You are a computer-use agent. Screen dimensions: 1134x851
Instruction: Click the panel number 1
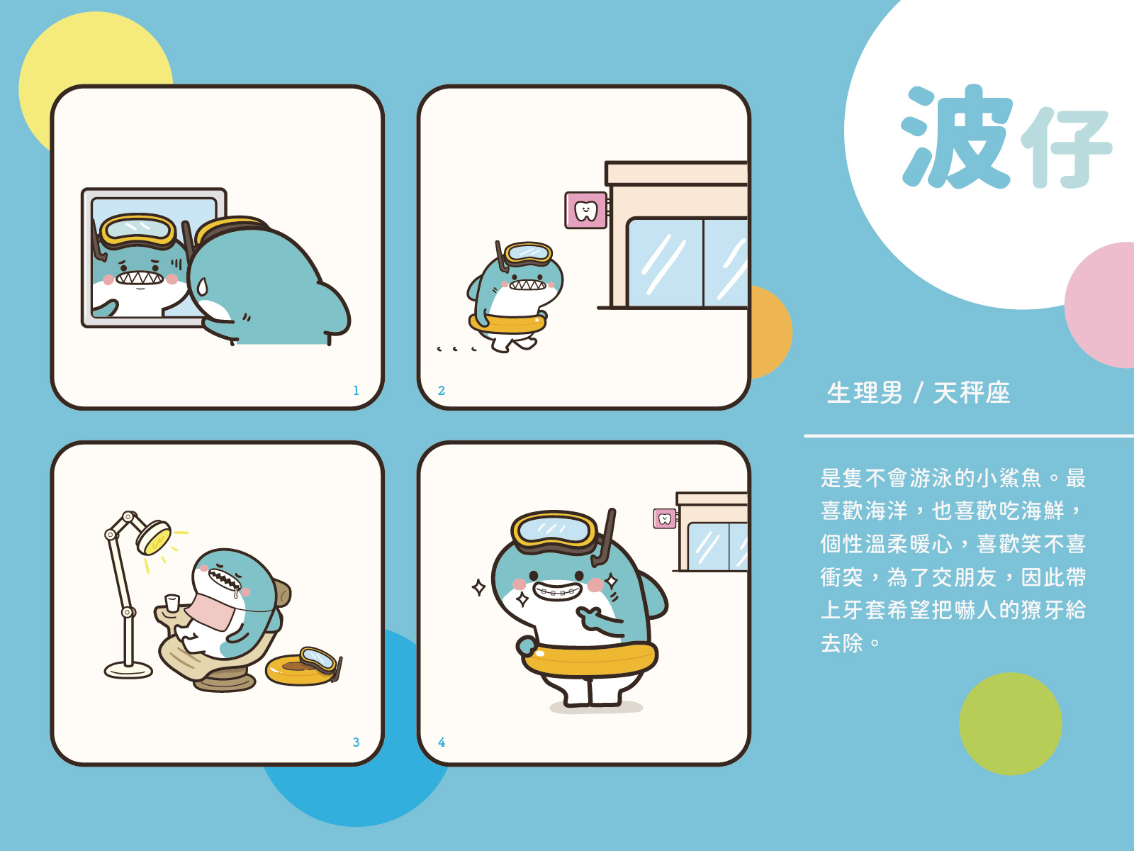point(356,390)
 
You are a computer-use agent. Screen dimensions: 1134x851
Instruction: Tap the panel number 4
point(442,742)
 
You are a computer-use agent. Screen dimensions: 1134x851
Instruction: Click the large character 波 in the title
point(956,136)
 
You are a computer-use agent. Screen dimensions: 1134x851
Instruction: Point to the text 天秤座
point(971,393)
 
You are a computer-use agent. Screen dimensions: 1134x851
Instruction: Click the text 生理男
point(864,393)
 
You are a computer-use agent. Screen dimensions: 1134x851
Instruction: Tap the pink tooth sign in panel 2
point(586,210)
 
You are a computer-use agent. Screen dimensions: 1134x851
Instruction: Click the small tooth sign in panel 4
point(665,519)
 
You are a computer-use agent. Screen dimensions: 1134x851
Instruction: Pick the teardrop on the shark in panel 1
point(202,286)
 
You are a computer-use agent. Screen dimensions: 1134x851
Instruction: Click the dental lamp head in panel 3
point(153,538)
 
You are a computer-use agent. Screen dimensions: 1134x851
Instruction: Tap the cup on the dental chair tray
point(172,603)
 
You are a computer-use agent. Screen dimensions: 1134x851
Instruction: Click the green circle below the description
point(1011,723)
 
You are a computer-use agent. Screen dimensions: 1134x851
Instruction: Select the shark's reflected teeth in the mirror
point(140,278)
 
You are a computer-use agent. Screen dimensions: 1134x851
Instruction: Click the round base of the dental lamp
point(129,671)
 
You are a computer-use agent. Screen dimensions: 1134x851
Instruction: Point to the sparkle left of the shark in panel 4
point(479,587)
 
